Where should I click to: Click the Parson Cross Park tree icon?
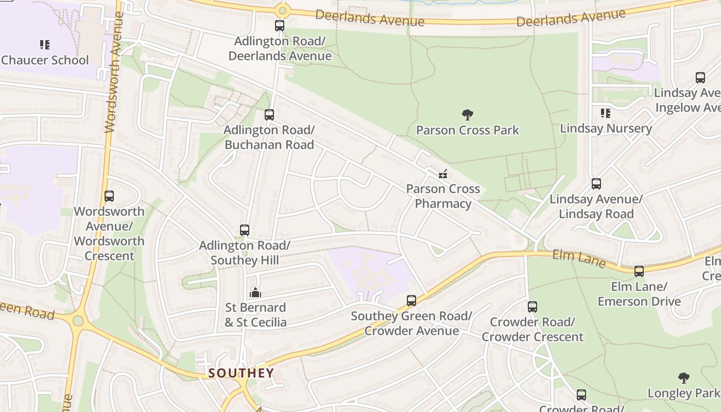(x=468, y=114)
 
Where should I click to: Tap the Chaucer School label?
(x=45, y=60)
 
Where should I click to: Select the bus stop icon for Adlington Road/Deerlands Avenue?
(x=280, y=26)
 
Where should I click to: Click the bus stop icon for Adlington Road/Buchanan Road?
(x=269, y=115)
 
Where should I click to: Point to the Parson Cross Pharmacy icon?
(x=442, y=174)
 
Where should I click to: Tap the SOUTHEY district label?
(x=241, y=373)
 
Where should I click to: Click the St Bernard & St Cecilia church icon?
(x=255, y=293)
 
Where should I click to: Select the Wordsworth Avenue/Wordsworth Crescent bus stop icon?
(x=109, y=196)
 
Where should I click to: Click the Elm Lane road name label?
(x=579, y=258)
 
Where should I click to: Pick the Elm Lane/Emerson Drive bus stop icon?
(x=639, y=271)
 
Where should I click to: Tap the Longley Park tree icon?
(x=683, y=378)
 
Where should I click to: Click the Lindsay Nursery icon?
(x=606, y=113)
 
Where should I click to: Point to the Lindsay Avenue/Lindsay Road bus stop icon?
(x=596, y=184)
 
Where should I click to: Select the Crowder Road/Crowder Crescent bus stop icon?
(x=533, y=307)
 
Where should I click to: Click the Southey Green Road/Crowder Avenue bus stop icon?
(x=411, y=300)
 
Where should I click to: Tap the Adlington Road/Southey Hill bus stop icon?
(x=245, y=230)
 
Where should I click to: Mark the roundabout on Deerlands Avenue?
(x=282, y=10)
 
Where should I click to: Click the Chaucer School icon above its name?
(x=45, y=45)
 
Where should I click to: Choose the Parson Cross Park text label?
(x=468, y=130)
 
